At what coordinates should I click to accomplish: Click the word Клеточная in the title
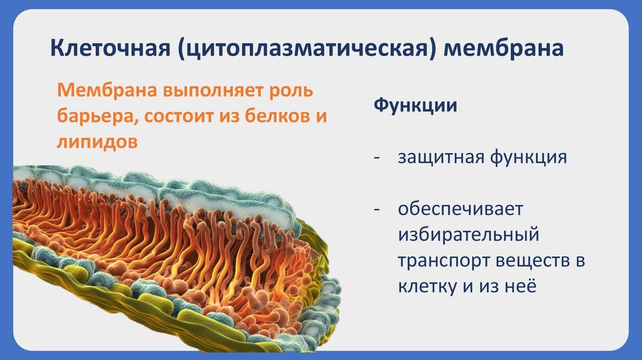click(110, 48)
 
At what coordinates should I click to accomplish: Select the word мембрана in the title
click(503, 48)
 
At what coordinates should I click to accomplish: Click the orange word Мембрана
click(107, 90)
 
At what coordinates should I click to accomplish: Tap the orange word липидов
click(97, 142)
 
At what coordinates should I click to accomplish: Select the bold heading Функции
click(415, 105)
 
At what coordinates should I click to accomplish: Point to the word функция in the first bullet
click(529, 157)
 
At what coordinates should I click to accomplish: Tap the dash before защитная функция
click(377, 158)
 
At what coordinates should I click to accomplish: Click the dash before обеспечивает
click(377, 209)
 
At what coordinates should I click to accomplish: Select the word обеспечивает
click(461, 209)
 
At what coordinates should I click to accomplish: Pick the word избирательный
click(468, 235)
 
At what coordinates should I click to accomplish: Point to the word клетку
click(428, 286)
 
